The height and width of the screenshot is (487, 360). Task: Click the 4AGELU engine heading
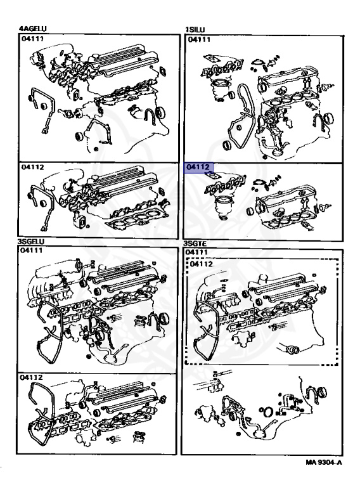coord(32,29)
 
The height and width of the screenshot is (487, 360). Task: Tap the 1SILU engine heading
coord(195,30)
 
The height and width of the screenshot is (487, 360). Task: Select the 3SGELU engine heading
coord(30,242)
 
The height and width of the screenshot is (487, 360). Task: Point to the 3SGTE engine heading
coord(195,243)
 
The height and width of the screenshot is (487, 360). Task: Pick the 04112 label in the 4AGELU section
coord(32,167)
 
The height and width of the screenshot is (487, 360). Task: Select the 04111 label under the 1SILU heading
coord(199,39)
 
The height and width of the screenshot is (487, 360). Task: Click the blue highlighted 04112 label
coord(198,167)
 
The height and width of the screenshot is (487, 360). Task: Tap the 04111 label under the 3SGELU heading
coord(31,250)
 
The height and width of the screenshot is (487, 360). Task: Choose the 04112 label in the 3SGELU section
coord(31,377)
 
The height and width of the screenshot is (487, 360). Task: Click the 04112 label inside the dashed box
coord(202,264)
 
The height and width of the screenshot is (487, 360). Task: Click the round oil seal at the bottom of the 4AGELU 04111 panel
coord(80,136)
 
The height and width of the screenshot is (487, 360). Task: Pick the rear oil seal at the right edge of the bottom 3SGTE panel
coord(321,392)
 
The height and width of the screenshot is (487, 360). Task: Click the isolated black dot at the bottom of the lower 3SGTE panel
coord(238,434)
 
